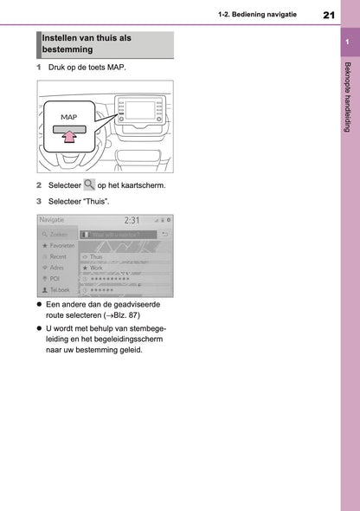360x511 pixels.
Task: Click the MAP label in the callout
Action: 70,115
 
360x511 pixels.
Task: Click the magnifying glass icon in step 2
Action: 89,185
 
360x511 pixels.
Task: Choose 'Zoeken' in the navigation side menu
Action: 57,234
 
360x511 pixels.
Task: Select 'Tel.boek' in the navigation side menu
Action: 58,290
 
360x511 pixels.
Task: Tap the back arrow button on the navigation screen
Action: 164,234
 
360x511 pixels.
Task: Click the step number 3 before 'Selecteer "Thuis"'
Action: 39,200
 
